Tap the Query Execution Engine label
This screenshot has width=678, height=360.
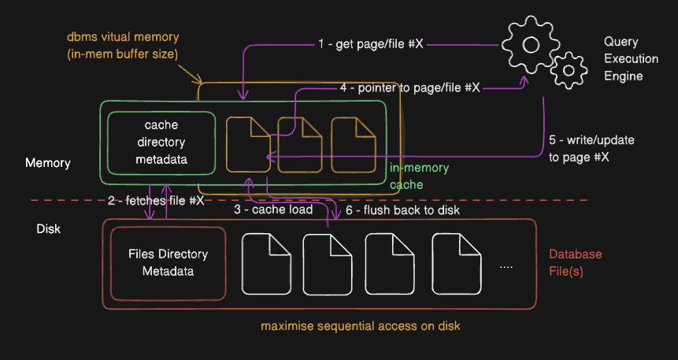(623, 59)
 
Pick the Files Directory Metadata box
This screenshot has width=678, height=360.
(168, 263)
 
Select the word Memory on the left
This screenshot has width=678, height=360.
(48, 163)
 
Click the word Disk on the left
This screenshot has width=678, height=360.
(48, 229)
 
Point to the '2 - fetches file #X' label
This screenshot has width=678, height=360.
(155, 200)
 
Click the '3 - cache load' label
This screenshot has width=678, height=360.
(272, 210)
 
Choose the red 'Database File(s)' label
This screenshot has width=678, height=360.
(575, 262)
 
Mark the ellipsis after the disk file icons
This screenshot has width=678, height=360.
(506, 266)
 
